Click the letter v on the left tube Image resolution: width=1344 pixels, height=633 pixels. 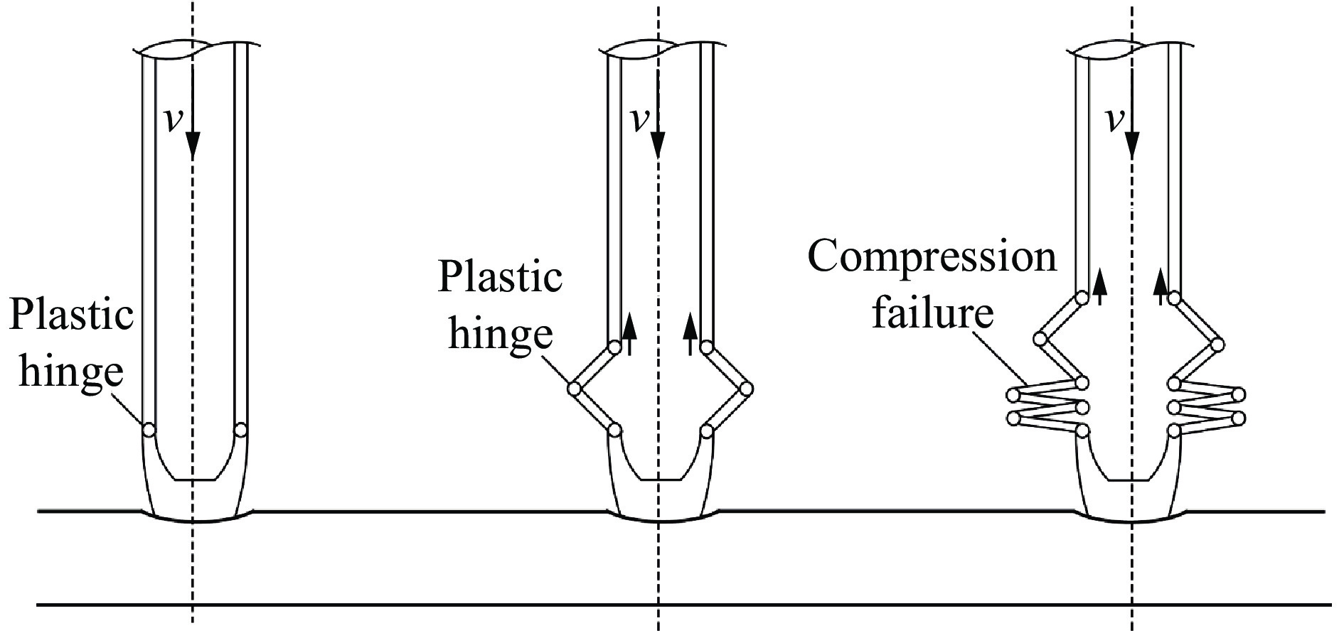click(172, 122)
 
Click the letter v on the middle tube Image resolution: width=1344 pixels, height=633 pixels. click(640, 122)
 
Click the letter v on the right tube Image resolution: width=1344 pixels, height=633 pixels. click(1115, 122)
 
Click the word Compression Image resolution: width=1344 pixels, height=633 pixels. click(932, 257)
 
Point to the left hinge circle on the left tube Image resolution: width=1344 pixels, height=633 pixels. click(149, 430)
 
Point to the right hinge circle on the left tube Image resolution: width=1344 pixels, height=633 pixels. click(240, 430)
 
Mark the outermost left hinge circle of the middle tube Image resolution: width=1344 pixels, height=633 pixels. click(575, 389)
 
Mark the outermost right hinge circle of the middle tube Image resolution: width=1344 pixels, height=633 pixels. click(747, 389)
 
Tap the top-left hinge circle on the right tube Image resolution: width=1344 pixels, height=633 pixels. click(1081, 298)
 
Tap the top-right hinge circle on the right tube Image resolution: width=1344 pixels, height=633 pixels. click(1175, 298)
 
